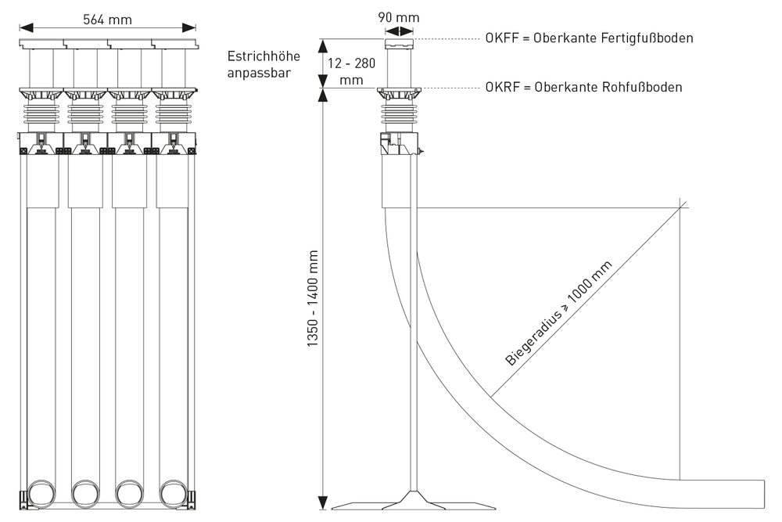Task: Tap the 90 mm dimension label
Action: point(399,17)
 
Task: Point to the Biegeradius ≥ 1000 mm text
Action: point(560,315)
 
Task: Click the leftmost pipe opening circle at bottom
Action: point(39,494)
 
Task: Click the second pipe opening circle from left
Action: point(83,494)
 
